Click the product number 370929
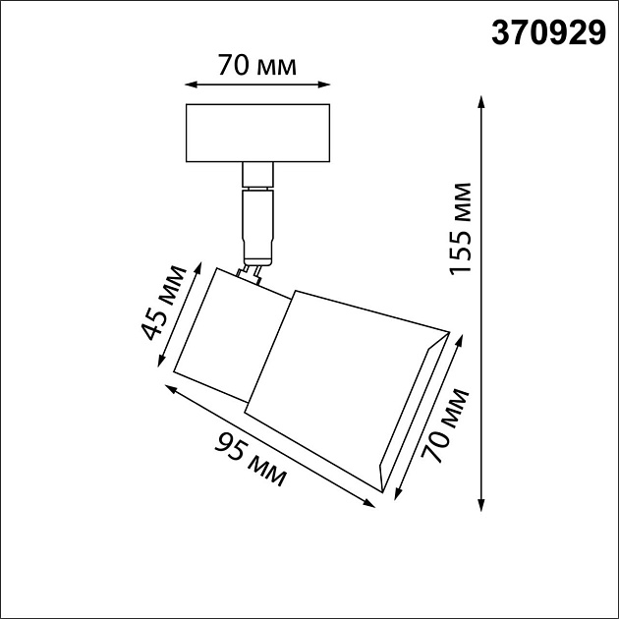tap(546, 36)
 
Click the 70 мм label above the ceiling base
tap(257, 67)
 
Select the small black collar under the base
tap(256, 175)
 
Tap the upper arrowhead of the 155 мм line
tap(481, 100)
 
